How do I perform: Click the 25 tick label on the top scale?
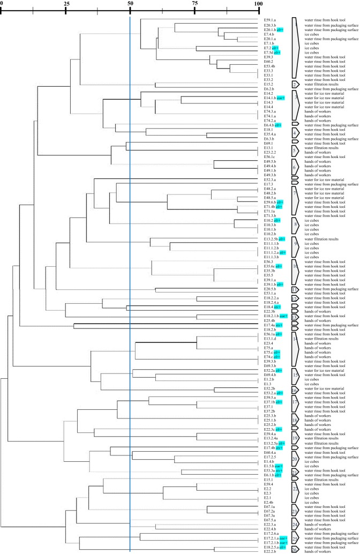[66, 4]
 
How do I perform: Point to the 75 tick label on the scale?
[194, 4]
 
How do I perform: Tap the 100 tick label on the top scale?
[258, 4]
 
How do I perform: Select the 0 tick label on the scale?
[2, 4]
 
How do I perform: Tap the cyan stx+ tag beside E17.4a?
[279, 325]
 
